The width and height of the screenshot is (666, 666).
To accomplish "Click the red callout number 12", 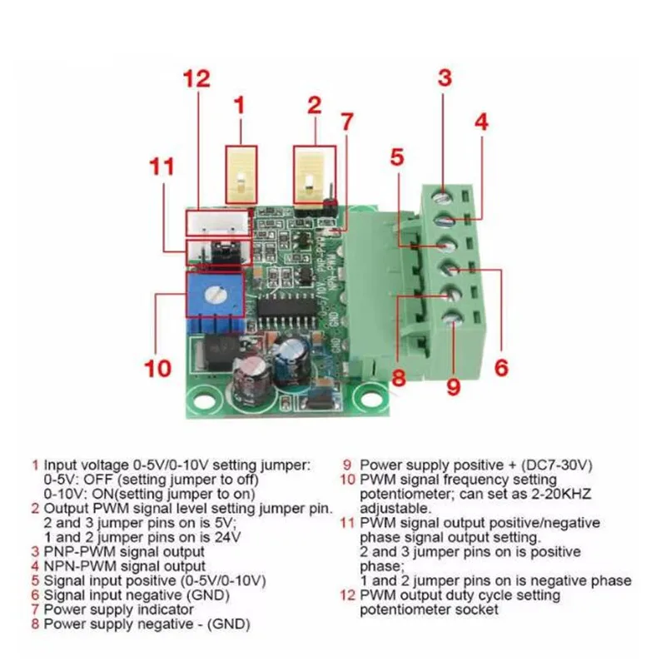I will [x=198, y=80].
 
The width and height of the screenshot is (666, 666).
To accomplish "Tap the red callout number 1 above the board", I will [x=240, y=106].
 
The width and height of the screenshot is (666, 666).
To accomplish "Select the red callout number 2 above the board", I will [x=314, y=106].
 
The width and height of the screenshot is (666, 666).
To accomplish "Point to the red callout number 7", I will [x=347, y=122].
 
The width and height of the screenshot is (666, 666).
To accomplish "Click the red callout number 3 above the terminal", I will [x=445, y=77].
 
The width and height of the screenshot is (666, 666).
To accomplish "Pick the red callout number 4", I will [x=480, y=122].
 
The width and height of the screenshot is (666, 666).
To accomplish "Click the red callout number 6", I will [x=500, y=367].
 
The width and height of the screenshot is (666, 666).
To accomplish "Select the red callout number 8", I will [x=398, y=378].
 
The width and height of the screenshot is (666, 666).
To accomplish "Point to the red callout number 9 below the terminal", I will [x=452, y=386].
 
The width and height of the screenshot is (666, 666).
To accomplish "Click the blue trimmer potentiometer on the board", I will [x=216, y=294].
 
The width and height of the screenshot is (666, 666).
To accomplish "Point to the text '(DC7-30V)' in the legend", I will [x=557, y=465].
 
